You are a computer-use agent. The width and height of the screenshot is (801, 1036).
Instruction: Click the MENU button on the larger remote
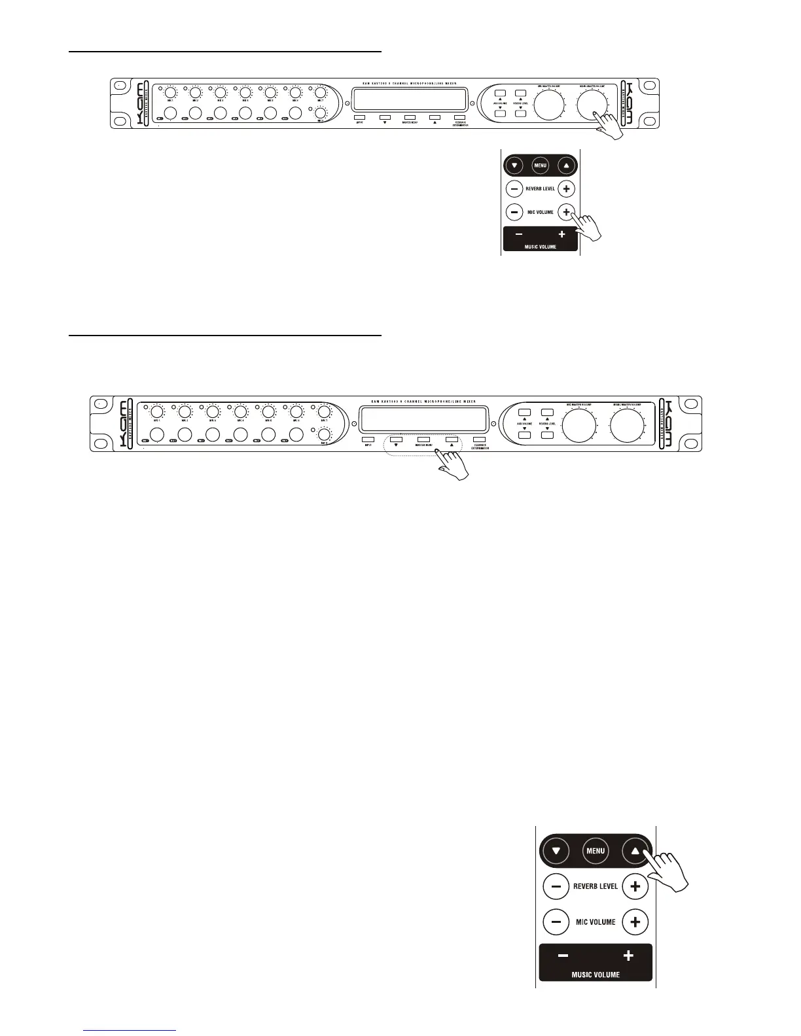[x=596, y=851]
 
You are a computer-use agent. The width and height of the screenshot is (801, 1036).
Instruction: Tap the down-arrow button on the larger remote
[x=556, y=851]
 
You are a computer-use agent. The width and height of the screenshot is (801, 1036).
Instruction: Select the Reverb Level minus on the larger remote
[x=556, y=887]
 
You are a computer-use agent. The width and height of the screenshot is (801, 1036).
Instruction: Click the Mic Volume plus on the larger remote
[x=634, y=922]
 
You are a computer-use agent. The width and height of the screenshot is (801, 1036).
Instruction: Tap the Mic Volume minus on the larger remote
[x=556, y=922]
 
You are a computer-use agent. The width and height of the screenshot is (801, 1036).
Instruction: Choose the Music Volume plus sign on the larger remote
[x=628, y=956]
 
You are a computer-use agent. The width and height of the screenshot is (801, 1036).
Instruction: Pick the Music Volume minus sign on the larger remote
[x=563, y=956]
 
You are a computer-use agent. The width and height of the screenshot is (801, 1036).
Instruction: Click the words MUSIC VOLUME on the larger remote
[x=596, y=975]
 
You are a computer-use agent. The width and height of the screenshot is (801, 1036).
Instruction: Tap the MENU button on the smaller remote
[x=540, y=165]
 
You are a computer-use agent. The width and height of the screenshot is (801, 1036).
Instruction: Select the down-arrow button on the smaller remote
[x=514, y=165]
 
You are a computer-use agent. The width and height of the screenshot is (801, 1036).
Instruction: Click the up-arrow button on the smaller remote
[x=566, y=165]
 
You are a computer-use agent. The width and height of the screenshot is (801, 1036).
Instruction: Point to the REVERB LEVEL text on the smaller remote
[x=540, y=189]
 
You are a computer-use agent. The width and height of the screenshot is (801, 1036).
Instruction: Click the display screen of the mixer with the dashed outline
[x=423, y=419]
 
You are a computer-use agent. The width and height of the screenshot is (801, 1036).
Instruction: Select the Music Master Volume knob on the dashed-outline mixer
[x=627, y=426]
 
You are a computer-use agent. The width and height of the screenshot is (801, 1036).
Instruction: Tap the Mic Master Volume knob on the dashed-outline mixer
[x=579, y=426]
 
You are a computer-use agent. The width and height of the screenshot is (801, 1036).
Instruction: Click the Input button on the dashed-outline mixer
[x=368, y=440]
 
